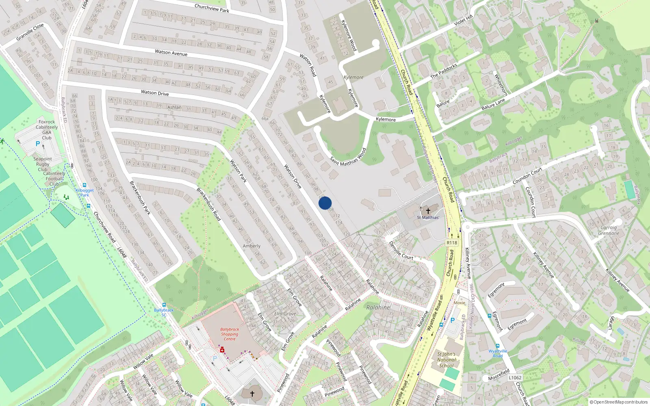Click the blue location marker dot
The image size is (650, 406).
click(x=325, y=203)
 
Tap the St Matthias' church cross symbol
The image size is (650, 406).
click(x=428, y=211)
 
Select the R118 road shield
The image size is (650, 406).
click(x=452, y=243)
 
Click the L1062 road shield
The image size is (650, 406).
click(x=515, y=378)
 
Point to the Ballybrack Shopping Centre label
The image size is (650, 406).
click(x=230, y=334)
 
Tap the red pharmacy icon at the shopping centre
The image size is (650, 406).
click(x=222, y=350)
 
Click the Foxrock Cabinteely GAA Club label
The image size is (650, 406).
click(x=47, y=130)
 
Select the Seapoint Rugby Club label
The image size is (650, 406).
click(x=43, y=164)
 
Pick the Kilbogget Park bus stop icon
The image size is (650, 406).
click(x=84, y=185)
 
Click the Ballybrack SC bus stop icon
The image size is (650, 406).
click(x=164, y=305)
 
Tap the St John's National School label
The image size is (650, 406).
click(x=446, y=360)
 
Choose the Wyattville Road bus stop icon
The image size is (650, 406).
click(x=497, y=346)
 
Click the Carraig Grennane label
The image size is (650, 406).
click(x=609, y=231)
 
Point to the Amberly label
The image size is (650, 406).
click(x=251, y=246)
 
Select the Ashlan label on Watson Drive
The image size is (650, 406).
click(x=174, y=107)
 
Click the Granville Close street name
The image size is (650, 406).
click(x=30, y=32)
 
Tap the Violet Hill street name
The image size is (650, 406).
click(x=464, y=20)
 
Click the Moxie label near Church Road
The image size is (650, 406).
click(x=459, y=303)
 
